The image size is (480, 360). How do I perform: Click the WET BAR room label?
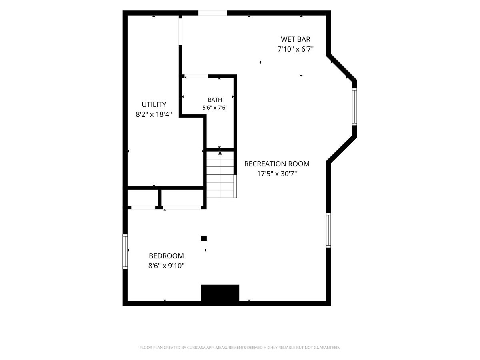click(296, 39)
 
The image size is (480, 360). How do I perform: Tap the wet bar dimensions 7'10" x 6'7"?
click(296, 49)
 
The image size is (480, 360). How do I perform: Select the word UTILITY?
click(154, 104)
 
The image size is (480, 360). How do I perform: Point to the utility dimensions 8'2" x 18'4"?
click(154, 114)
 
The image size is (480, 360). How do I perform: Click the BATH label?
click(215, 100)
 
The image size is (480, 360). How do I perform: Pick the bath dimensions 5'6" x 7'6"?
click(215, 108)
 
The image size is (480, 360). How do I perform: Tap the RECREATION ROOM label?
click(277, 164)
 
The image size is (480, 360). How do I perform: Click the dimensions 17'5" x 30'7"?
click(277, 174)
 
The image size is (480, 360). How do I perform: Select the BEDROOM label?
click(166, 256)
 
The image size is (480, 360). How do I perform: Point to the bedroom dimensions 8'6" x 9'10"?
click(166, 266)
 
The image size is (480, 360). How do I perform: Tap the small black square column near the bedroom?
click(204, 238)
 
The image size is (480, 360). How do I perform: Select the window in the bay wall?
click(354, 107)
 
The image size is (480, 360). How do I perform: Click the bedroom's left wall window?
click(125, 251)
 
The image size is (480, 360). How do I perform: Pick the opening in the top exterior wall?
click(212, 13)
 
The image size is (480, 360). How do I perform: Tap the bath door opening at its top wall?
click(196, 76)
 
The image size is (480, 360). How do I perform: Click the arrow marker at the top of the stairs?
click(220, 154)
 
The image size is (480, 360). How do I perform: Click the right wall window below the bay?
click(328, 230)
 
